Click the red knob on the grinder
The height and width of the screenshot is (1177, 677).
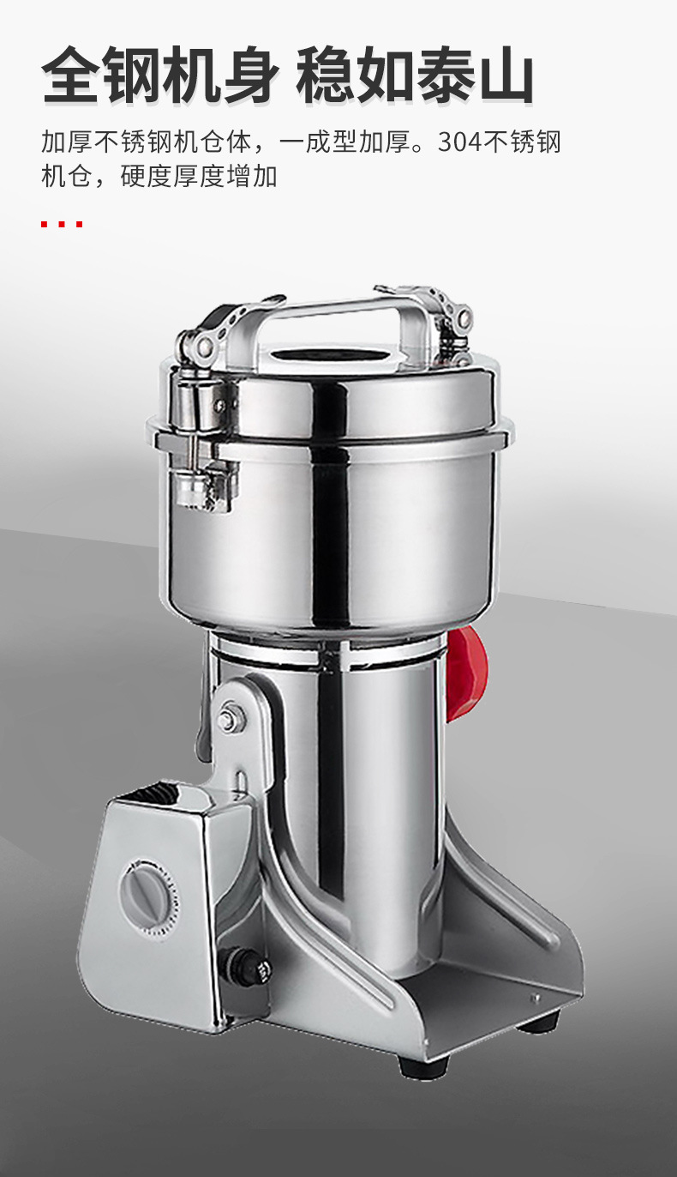pyautogui.click(x=466, y=674)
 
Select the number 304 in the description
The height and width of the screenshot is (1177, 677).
pyautogui.click(x=459, y=142)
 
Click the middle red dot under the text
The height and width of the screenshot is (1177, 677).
pyautogui.click(x=62, y=225)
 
